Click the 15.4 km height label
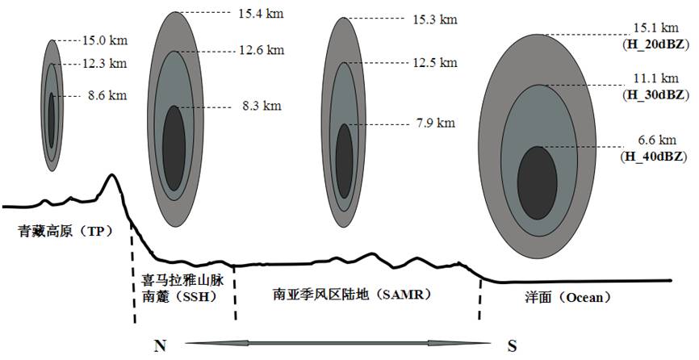261,14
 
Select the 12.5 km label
435,62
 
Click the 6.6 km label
657,140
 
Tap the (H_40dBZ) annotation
654,157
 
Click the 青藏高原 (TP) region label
65,232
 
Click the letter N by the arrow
160,345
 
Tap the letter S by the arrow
513,345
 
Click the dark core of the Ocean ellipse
538,182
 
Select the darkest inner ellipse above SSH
174,149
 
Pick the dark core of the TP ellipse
52,119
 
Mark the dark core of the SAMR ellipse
344,161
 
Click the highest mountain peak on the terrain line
111,174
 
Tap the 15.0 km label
105,40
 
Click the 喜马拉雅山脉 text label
182,282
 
